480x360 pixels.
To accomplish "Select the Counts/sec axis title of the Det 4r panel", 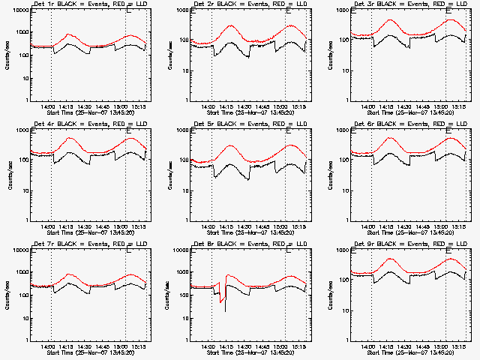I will tap(8, 174).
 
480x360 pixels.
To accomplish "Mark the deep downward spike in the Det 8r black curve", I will tap(225, 310).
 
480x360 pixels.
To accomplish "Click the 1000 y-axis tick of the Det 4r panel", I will tap(24, 130).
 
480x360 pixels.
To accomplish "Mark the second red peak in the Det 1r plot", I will tap(130, 35).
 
